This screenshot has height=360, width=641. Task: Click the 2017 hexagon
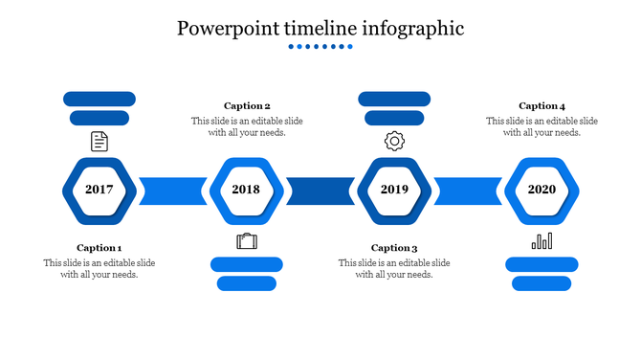coord(99,190)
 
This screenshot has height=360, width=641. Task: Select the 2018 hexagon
coord(246,190)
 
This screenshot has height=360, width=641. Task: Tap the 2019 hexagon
coord(394,190)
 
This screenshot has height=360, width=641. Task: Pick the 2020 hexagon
coord(542,190)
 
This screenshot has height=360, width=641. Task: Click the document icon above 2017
coord(99,142)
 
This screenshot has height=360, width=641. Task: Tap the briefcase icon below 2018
coord(247,240)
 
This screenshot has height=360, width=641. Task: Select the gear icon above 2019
coord(394,142)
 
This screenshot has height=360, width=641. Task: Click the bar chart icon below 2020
coord(542,240)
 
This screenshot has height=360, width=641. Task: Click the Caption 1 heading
coord(99,248)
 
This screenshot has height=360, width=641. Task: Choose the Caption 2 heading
coord(247,106)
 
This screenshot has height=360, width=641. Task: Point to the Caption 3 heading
coord(394,248)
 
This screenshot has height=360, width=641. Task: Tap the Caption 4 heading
coord(542,106)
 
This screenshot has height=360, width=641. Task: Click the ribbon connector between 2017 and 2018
coord(173,191)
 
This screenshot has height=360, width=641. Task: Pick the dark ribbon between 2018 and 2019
coord(320,191)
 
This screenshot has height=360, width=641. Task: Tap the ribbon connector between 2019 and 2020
coord(468,191)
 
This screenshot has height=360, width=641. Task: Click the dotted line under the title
coord(320,46)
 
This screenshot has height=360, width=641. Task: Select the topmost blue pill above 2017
coord(99,99)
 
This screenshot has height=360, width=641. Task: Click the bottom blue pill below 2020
coord(542,283)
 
